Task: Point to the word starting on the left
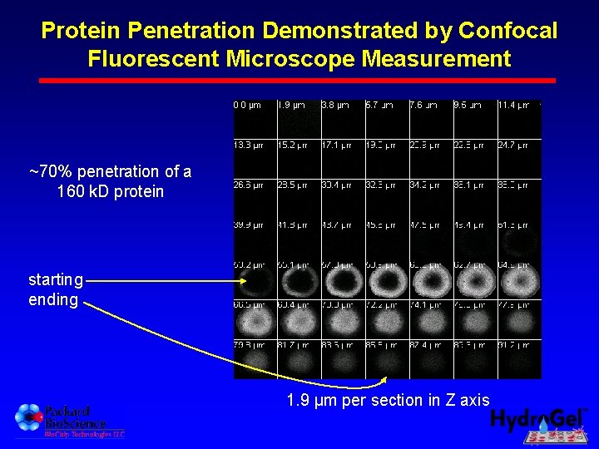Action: pos(56,279)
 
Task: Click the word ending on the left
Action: pos(53,299)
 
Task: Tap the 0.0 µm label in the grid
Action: pos(247,106)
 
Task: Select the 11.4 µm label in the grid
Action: pos(513,106)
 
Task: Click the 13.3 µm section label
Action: pos(248,145)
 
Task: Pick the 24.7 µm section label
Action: pos(513,145)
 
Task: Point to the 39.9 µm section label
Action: pos(248,224)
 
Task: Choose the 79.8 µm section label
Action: pos(248,345)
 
